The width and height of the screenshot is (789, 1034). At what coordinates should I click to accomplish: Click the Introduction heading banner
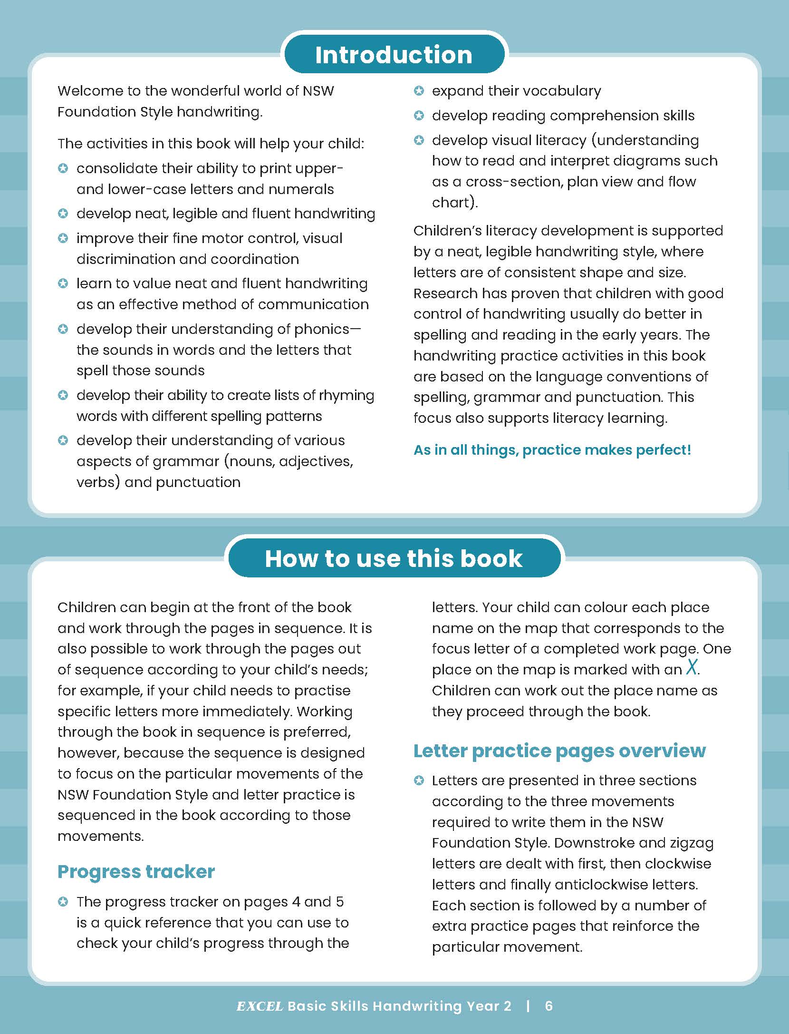394,54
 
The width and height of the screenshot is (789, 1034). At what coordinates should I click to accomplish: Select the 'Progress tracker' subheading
136,871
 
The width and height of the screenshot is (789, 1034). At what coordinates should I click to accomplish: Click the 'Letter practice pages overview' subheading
559,751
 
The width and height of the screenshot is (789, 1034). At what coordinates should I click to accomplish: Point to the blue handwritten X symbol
692,668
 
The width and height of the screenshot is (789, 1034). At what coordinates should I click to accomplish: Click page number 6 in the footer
549,1006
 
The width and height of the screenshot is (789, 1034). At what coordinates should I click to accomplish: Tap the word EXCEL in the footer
260,1006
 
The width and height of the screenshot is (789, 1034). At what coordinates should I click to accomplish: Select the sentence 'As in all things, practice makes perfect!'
552,450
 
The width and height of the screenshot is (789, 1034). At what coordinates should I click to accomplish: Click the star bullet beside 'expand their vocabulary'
419,90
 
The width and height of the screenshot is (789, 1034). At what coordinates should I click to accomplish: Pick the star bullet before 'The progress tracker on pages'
63,901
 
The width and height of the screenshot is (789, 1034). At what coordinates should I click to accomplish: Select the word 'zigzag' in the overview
692,843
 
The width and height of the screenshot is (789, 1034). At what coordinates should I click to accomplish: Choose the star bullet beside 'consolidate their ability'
63,168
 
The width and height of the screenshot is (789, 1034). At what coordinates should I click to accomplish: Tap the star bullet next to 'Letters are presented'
419,780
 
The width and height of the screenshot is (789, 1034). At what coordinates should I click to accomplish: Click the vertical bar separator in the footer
528,1006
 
